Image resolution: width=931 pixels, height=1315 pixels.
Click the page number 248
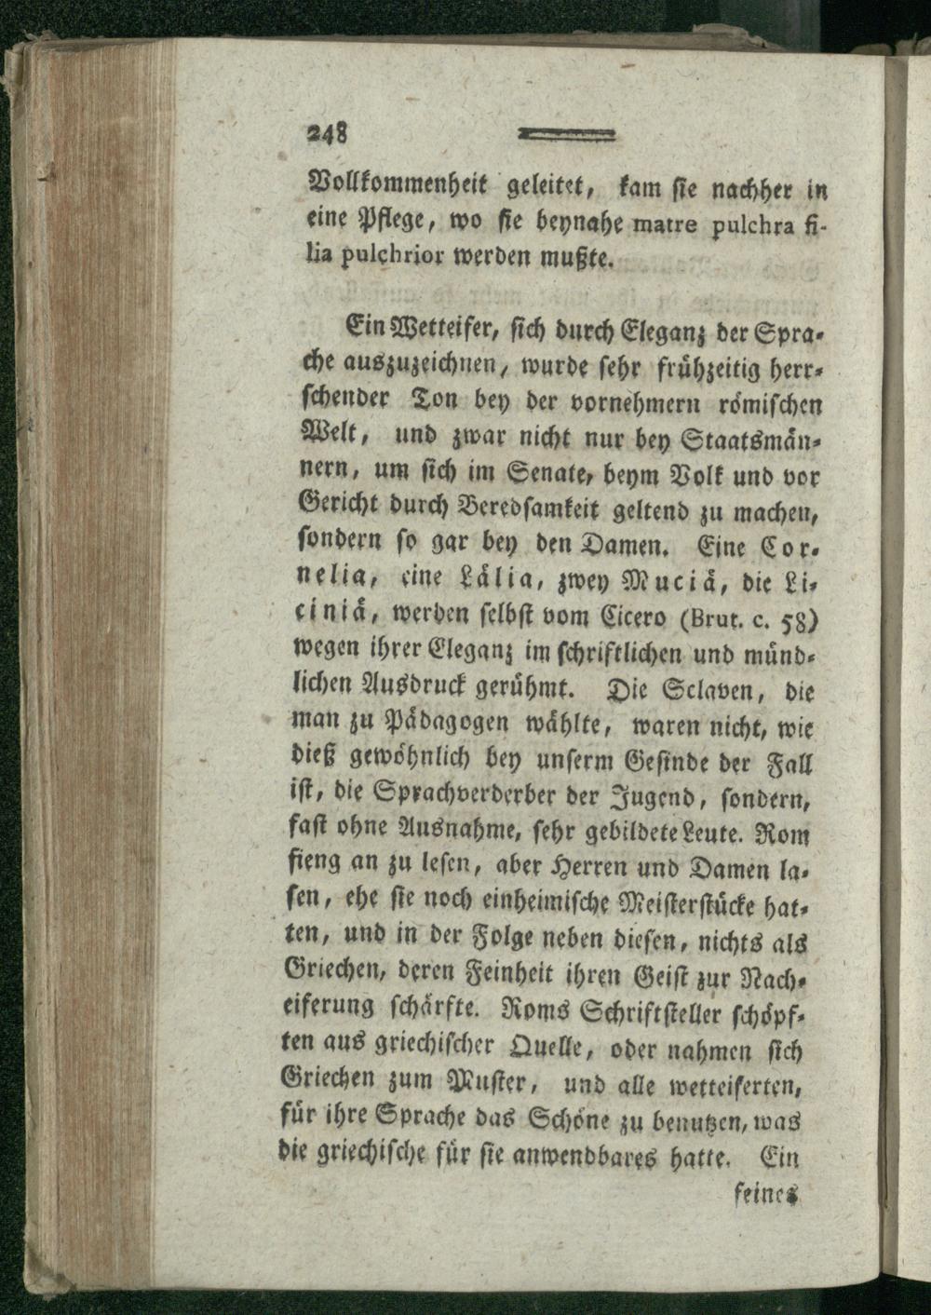(329, 133)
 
